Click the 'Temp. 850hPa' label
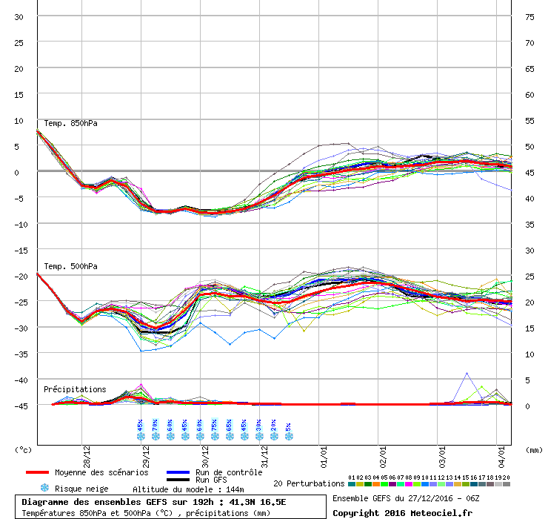70,123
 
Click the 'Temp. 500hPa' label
70,266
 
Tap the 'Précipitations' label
74,389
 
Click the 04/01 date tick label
501,449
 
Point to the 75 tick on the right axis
530,17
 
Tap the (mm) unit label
535,449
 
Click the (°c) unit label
24,449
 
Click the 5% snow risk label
288,427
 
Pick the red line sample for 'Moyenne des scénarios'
47,472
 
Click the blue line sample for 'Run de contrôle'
178,472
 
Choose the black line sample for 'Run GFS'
178,480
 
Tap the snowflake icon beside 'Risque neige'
44,489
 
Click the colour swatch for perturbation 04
376,484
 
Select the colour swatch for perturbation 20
507,484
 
